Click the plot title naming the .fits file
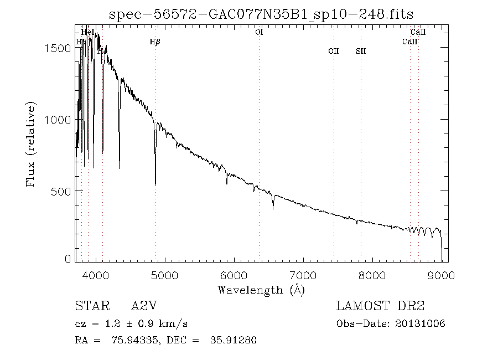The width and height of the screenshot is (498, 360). pos(261,14)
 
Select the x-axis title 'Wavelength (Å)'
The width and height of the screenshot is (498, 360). pos(261,290)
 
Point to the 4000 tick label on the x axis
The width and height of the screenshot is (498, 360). pos(96,275)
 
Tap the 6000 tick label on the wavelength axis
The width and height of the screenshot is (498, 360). pos(235,275)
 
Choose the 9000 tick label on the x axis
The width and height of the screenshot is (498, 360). pos(442,275)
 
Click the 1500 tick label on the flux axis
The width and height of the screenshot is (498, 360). pos(58,48)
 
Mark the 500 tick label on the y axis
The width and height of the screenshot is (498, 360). pos(61,191)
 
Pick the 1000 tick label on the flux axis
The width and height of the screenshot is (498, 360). pos(58,120)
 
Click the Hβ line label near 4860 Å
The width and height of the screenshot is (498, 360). pos(155,42)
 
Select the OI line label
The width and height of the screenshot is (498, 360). pos(259,32)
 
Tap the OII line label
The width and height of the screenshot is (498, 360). pos(333,51)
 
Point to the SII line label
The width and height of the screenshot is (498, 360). pos(361,51)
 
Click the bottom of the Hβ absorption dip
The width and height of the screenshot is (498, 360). pos(155,184)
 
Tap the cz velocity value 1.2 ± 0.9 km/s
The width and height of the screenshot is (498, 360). pos(147,323)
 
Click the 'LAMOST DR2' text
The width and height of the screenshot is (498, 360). pos(380,306)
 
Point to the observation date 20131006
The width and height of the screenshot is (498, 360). pos(421,323)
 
